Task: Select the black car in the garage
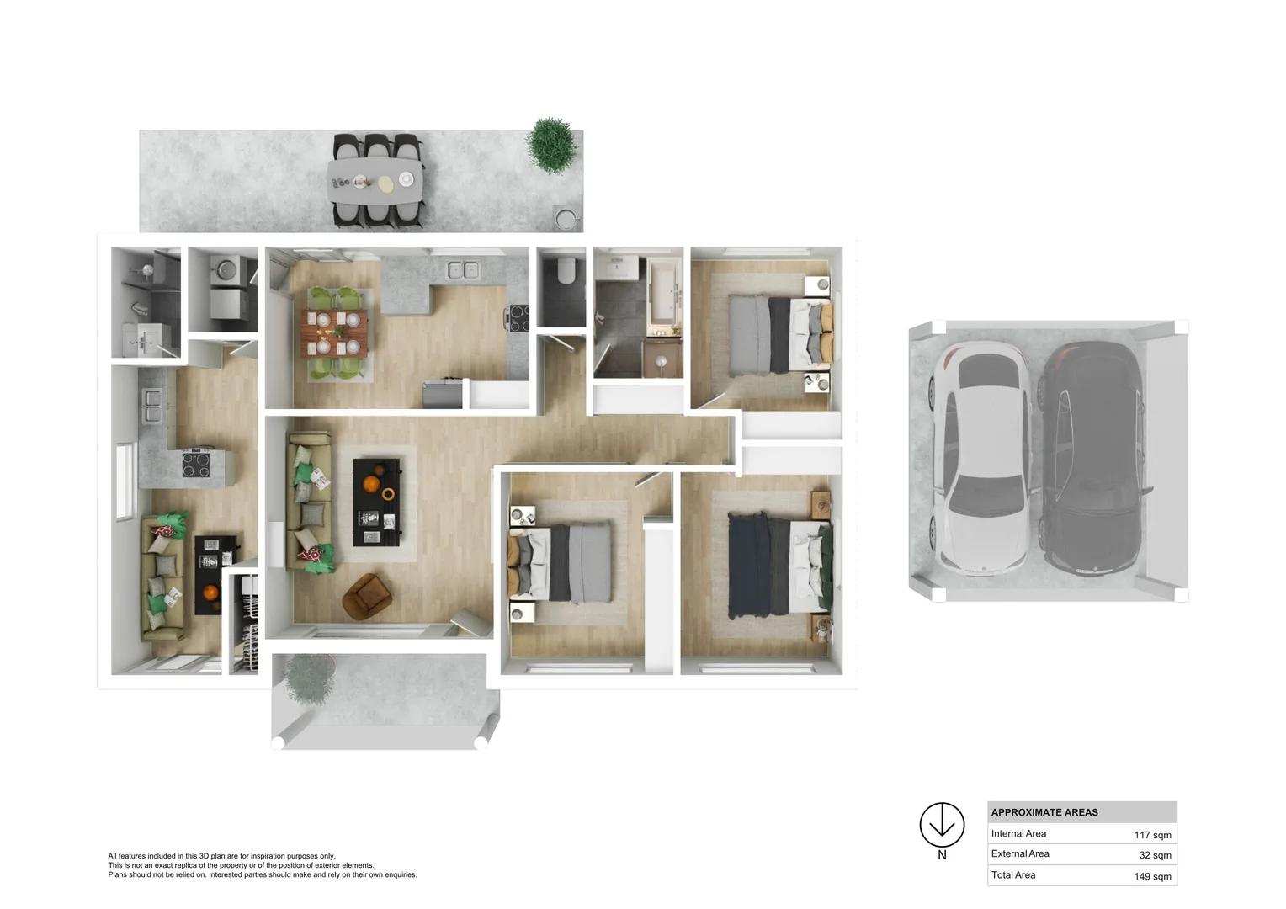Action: click(1092, 459)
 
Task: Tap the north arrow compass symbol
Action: click(942, 825)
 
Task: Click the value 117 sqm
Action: click(1152, 835)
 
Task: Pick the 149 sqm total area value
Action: click(1152, 876)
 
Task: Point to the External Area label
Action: click(1020, 854)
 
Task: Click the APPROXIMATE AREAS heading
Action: click(1044, 812)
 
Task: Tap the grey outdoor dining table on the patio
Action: click(375, 180)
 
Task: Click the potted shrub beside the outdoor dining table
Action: click(552, 145)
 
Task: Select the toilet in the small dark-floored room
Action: click(566, 271)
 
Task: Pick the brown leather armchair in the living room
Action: click(366, 595)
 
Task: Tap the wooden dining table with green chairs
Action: click(335, 332)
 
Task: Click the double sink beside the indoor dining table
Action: click(463, 270)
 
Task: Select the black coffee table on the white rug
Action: click(376, 502)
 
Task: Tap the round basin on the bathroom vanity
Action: click(662, 361)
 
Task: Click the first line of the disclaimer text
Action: click(221, 856)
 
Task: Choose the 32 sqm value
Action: click(1155, 855)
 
